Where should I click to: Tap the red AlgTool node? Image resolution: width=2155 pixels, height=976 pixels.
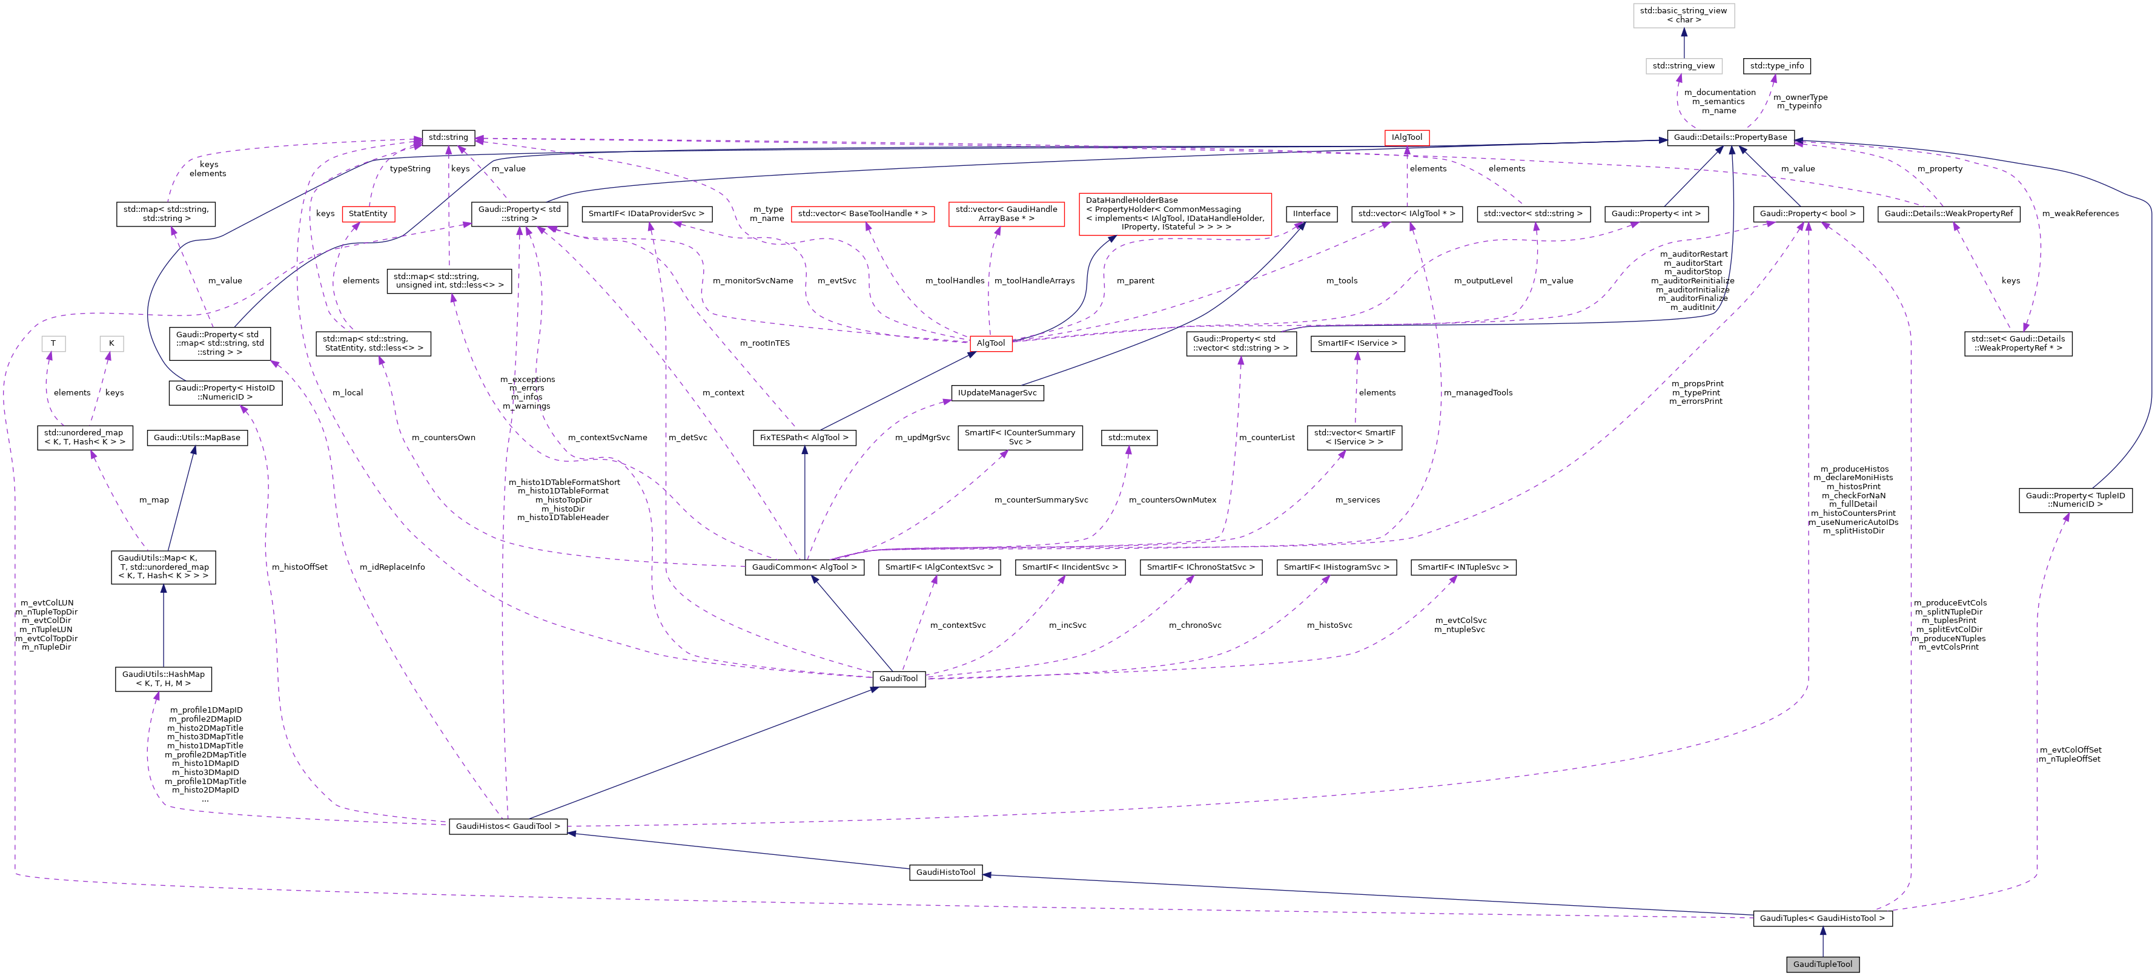(990, 343)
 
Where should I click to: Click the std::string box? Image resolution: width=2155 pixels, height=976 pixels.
(448, 137)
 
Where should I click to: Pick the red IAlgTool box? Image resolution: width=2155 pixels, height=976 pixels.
(1406, 137)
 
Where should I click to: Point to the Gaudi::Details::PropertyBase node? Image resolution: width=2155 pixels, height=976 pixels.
(1730, 137)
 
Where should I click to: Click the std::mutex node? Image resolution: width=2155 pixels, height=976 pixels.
(1128, 437)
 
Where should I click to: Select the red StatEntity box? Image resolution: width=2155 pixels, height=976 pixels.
(368, 213)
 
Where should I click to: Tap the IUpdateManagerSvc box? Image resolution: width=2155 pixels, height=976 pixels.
(997, 392)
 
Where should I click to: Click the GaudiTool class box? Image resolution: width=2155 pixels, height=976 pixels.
(898, 678)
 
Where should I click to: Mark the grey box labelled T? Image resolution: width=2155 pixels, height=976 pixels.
(53, 343)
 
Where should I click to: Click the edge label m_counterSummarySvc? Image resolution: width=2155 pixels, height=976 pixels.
(1041, 500)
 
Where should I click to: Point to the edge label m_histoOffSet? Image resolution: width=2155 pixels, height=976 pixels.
(299, 567)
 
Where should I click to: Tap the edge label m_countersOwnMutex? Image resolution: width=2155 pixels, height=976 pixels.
(1172, 500)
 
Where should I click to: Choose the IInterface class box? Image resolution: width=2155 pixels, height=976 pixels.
(1311, 213)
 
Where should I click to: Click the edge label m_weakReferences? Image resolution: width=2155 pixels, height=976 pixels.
(2080, 213)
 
